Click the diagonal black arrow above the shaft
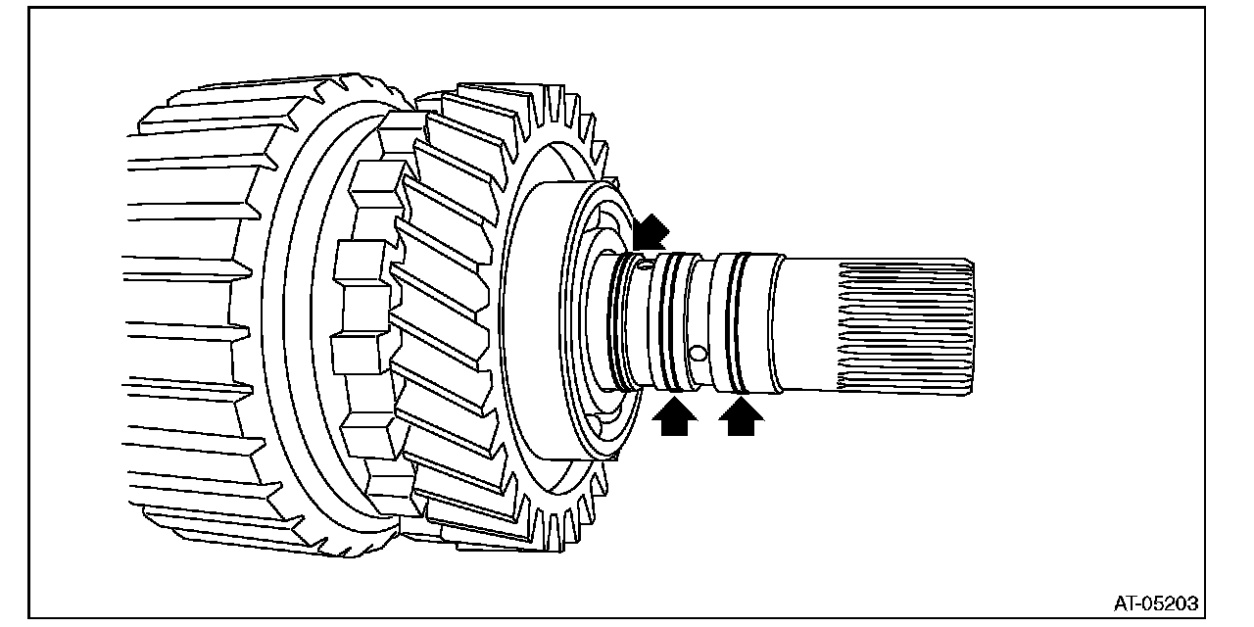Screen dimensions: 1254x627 [650, 233]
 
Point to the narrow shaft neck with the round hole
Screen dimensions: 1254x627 [701, 323]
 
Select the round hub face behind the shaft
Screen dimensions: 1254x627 [539, 323]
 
